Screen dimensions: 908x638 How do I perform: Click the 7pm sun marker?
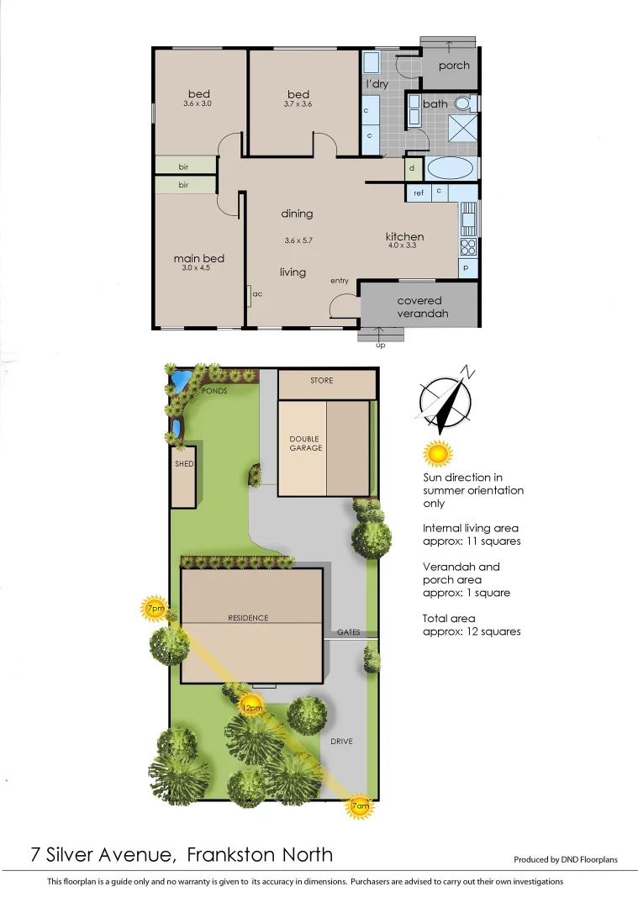click(x=155, y=608)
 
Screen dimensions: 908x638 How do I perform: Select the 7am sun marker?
click(x=359, y=806)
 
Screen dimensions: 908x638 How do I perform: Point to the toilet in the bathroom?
click(x=463, y=103)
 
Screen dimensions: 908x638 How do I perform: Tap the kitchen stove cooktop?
click(x=467, y=246)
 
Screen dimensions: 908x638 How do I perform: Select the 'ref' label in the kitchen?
click(x=418, y=193)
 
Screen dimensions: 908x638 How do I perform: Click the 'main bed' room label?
click(x=198, y=258)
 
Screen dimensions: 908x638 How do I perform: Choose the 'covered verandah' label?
click(x=419, y=307)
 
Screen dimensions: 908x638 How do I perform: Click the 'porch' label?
click(x=454, y=66)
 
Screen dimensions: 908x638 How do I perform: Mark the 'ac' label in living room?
click(x=258, y=294)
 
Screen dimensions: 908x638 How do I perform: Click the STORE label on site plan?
click(x=321, y=381)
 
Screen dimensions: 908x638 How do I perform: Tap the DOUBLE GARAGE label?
click(x=306, y=443)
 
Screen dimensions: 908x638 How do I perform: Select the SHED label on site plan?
click(x=183, y=464)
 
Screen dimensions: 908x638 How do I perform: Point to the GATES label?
click(x=349, y=631)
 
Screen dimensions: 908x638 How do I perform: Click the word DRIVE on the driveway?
click(x=341, y=741)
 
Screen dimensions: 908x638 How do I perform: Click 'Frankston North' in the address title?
click(x=260, y=855)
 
